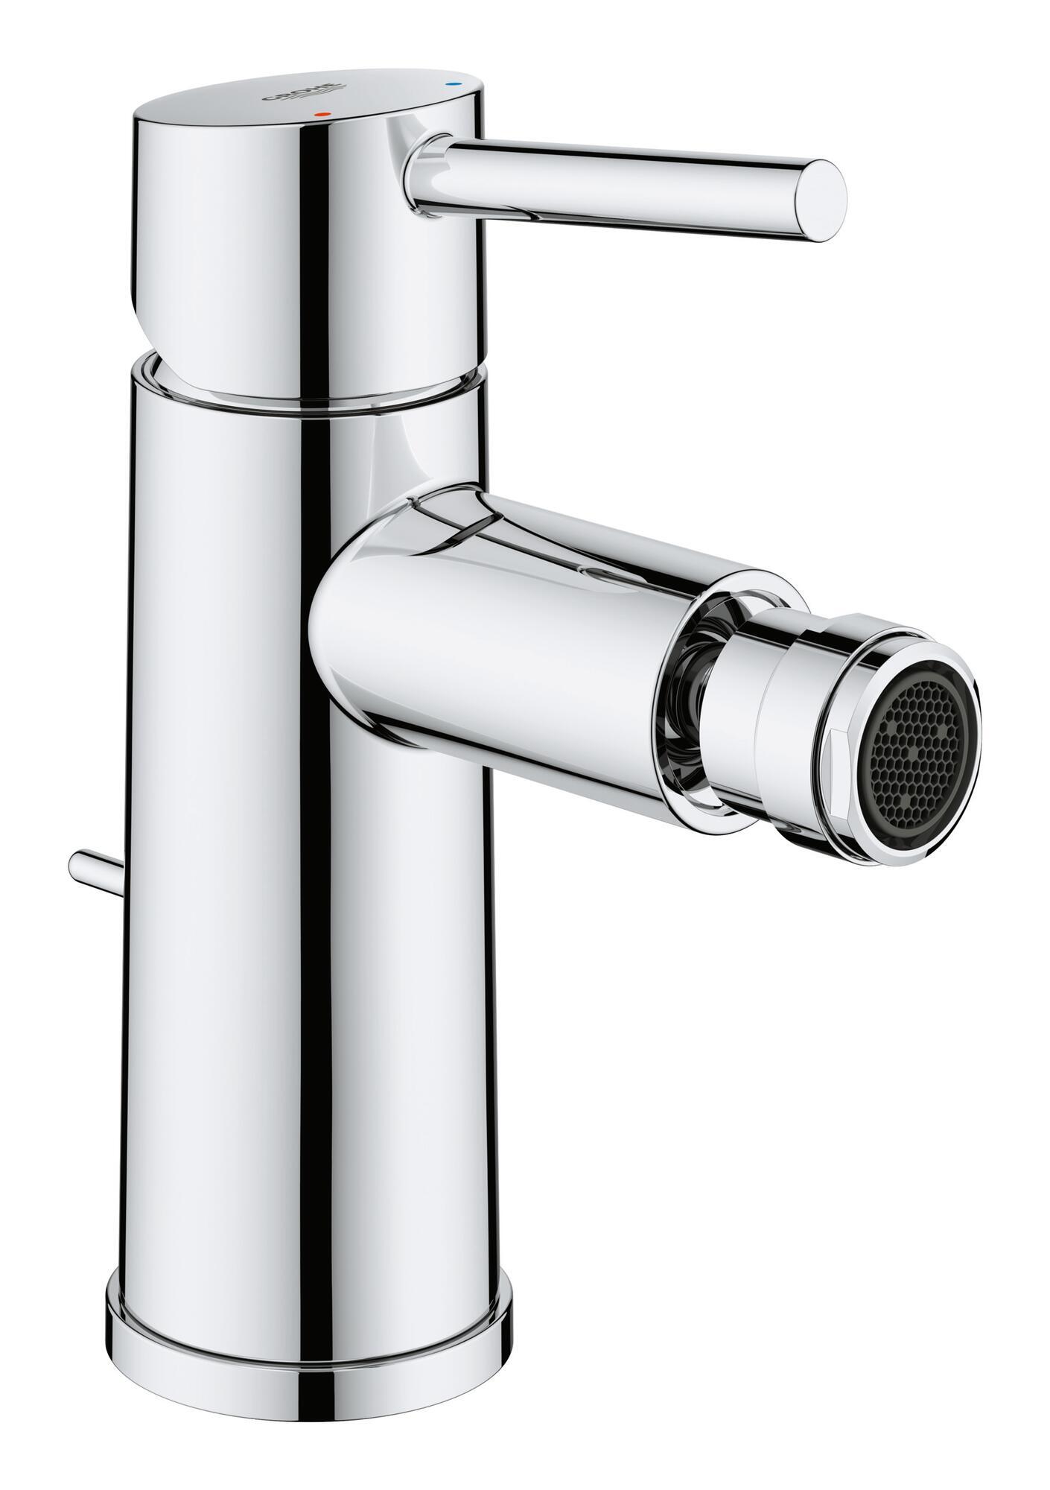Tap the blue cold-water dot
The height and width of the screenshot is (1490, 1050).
point(448,86)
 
